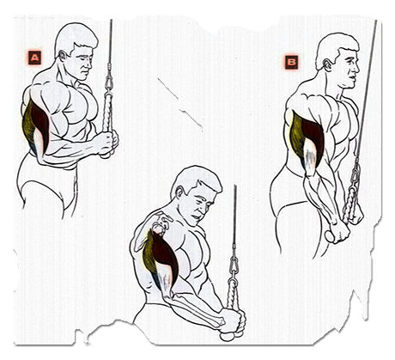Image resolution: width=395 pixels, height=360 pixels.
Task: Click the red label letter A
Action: [34, 58]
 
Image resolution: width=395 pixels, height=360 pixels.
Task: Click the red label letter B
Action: [291, 62]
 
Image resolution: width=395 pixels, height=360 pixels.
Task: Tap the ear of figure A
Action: [63, 56]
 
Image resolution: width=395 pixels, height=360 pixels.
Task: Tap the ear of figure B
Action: [327, 64]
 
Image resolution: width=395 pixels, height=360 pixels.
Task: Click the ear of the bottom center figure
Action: [179, 192]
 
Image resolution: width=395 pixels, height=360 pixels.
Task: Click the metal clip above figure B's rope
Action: [355, 174]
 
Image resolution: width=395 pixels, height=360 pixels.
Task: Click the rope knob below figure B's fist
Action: [330, 236]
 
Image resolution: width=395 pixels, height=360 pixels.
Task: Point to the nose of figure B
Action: [357, 68]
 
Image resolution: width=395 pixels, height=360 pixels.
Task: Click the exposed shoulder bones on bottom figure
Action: [156, 223]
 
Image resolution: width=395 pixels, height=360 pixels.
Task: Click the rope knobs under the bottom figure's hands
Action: [231, 336]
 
